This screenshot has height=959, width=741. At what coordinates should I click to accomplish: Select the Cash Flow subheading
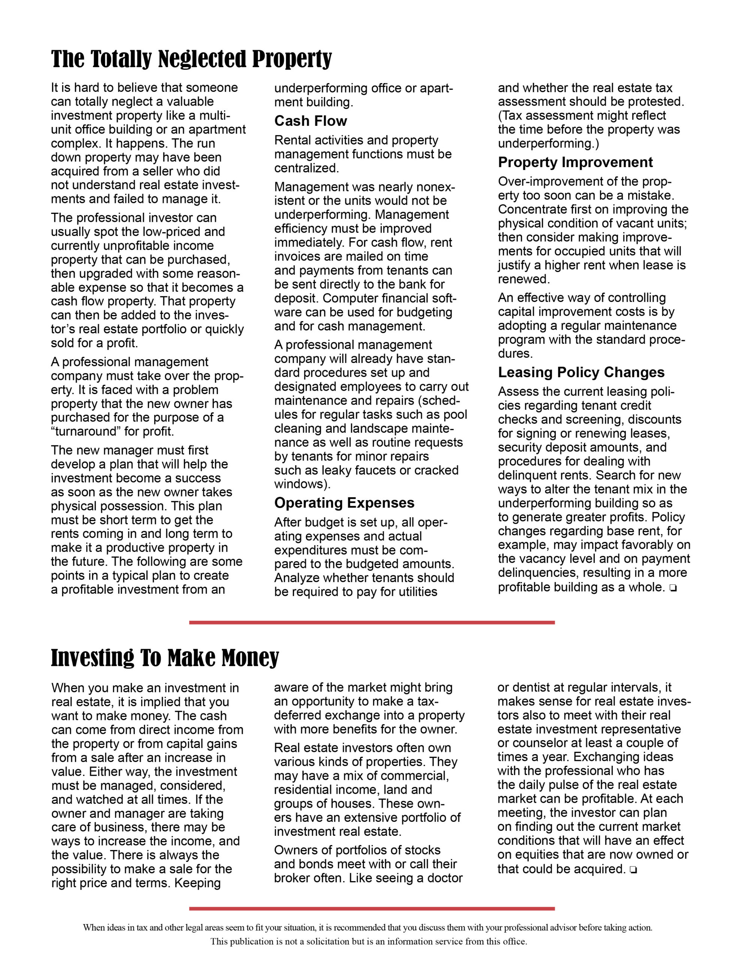click(x=311, y=121)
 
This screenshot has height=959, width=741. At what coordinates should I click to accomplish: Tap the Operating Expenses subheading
click(x=344, y=503)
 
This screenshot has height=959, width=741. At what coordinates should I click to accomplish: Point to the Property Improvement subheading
click(x=575, y=163)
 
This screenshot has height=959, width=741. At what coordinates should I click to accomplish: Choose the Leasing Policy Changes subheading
click(x=581, y=372)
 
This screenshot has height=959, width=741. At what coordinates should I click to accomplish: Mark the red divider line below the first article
click(x=372, y=622)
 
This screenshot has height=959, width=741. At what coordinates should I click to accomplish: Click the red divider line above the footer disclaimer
click(x=372, y=908)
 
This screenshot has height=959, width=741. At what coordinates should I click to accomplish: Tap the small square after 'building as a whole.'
click(x=673, y=588)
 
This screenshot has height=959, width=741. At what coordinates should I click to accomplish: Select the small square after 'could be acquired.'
click(x=633, y=869)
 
